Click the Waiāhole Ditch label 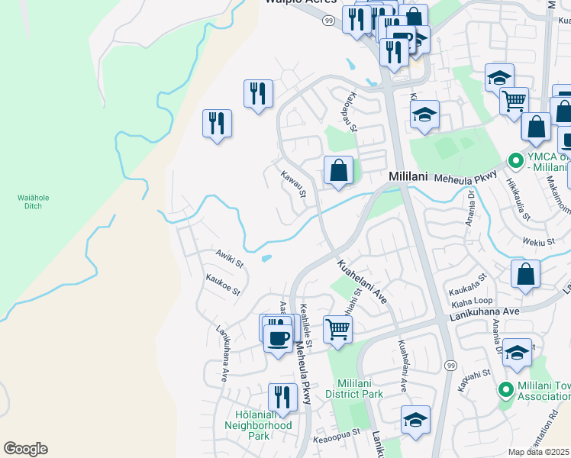(33, 202)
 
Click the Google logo (25, 449)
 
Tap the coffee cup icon (277, 335)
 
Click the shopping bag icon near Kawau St (338, 170)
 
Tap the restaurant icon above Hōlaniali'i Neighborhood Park (282, 397)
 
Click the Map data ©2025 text (538, 452)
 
